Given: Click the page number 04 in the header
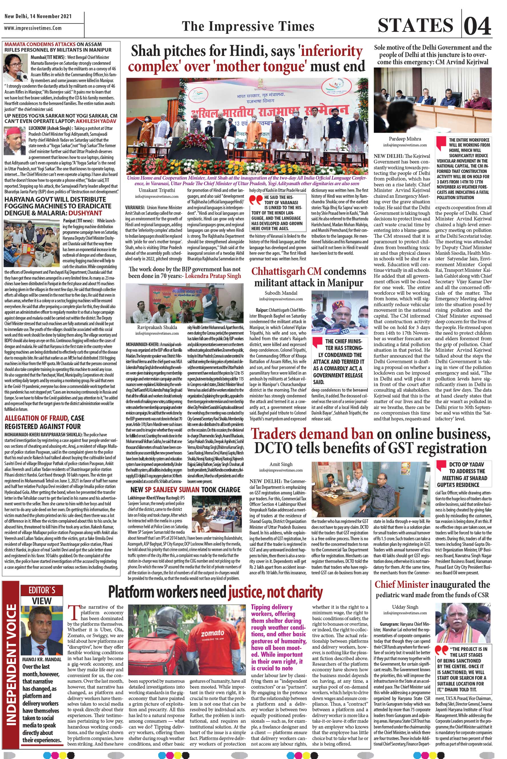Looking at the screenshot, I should pos(478,26).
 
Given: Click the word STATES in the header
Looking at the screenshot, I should pos(416,26).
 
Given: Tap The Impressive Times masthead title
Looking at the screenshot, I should pos(248,26).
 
